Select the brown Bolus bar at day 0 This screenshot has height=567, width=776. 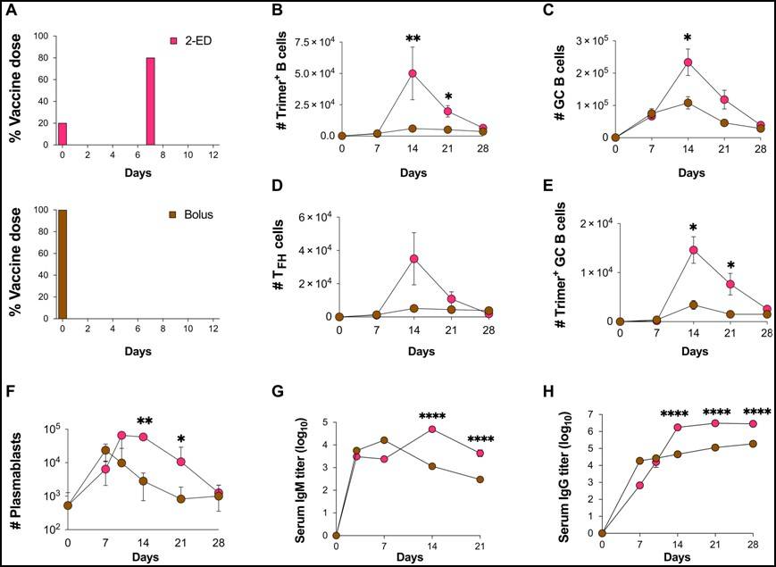[62, 263]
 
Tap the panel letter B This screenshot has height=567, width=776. [278, 10]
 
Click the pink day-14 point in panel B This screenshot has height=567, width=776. [413, 74]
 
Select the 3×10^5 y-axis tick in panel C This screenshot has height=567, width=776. [592, 41]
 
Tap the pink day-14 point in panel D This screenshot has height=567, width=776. [414, 259]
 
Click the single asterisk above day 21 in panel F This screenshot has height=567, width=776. [181, 439]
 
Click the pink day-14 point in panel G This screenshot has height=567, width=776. [431, 429]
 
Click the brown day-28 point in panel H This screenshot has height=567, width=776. [753, 444]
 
